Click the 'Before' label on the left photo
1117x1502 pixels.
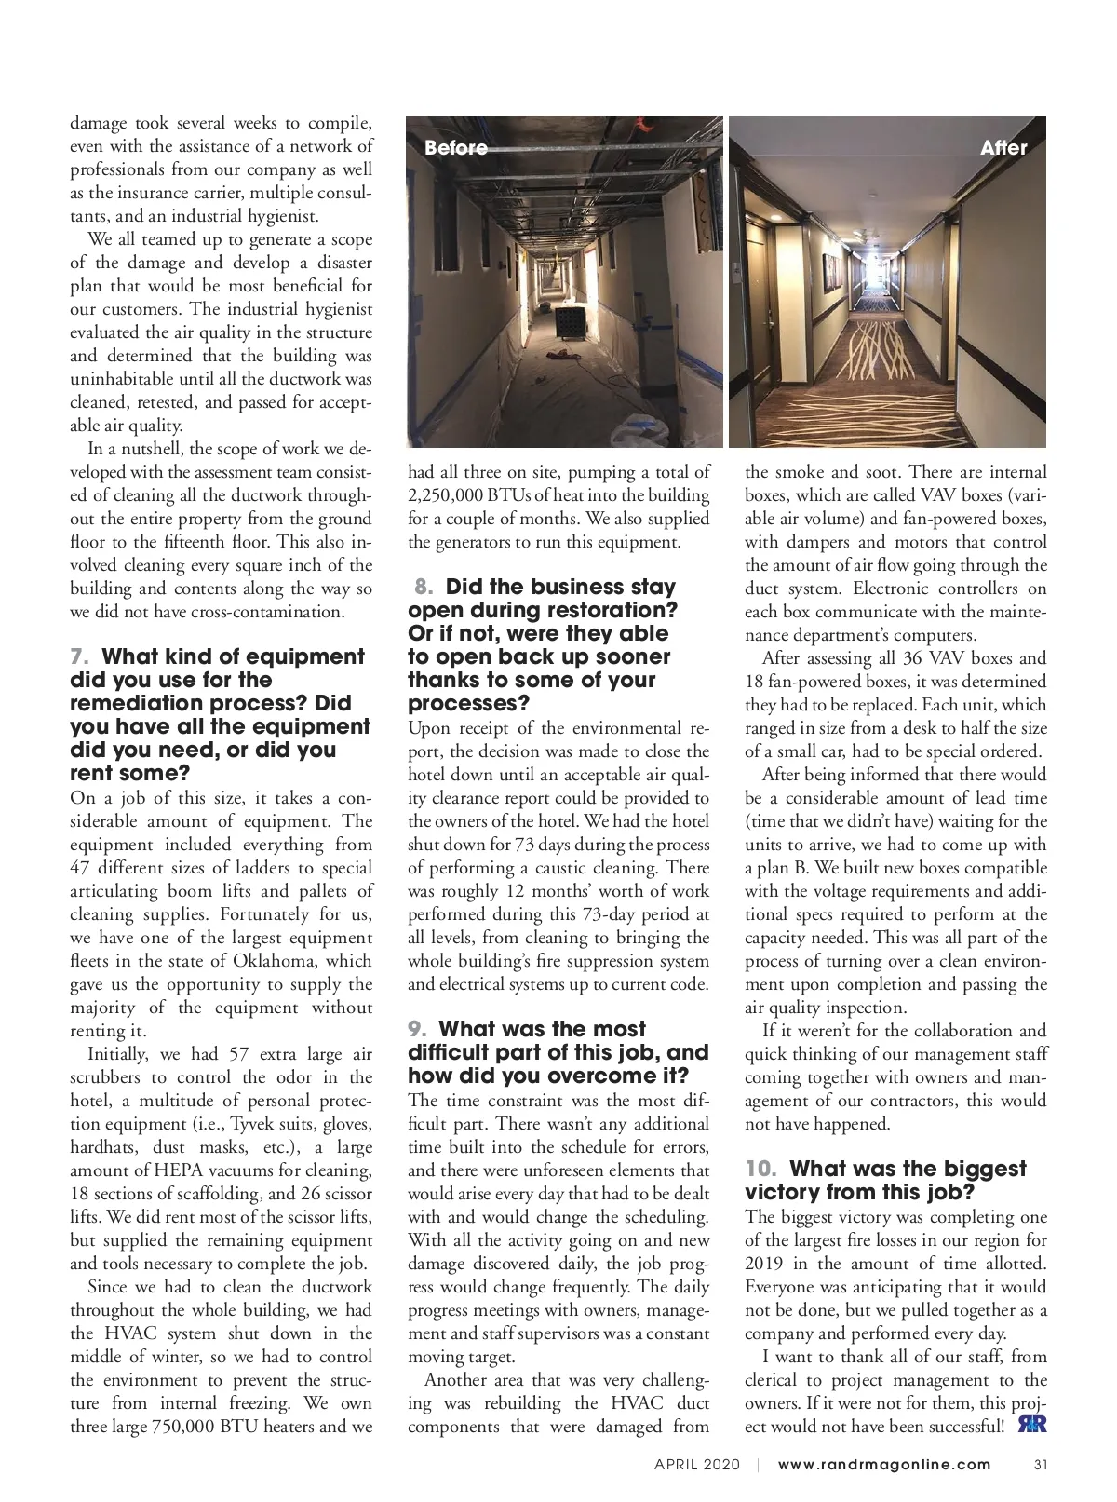pyautogui.click(x=456, y=148)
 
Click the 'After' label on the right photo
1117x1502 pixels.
pyautogui.click(x=1003, y=148)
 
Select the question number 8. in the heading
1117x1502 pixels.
pyautogui.click(x=424, y=588)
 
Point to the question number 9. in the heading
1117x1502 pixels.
pyautogui.click(x=418, y=1030)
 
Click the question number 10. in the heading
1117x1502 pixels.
pyautogui.click(x=761, y=1170)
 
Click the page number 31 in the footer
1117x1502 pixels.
pyautogui.click(x=1042, y=1465)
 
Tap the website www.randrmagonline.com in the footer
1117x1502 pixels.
pyautogui.click(x=884, y=1465)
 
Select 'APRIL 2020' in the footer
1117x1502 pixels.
pyautogui.click(x=697, y=1465)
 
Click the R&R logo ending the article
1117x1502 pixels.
pyautogui.click(x=1032, y=1426)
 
